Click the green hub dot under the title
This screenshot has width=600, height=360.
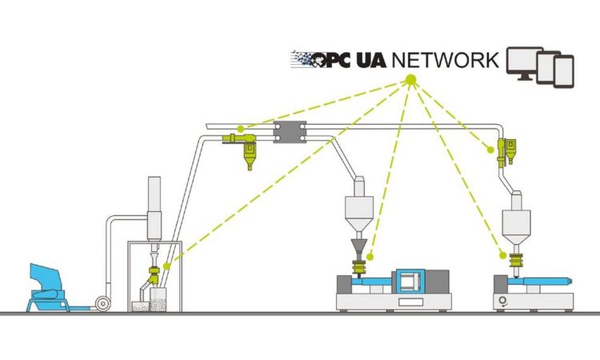pyautogui.click(x=410, y=80)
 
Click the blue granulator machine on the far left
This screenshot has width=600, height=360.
pyautogui.click(x=50, y=286)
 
